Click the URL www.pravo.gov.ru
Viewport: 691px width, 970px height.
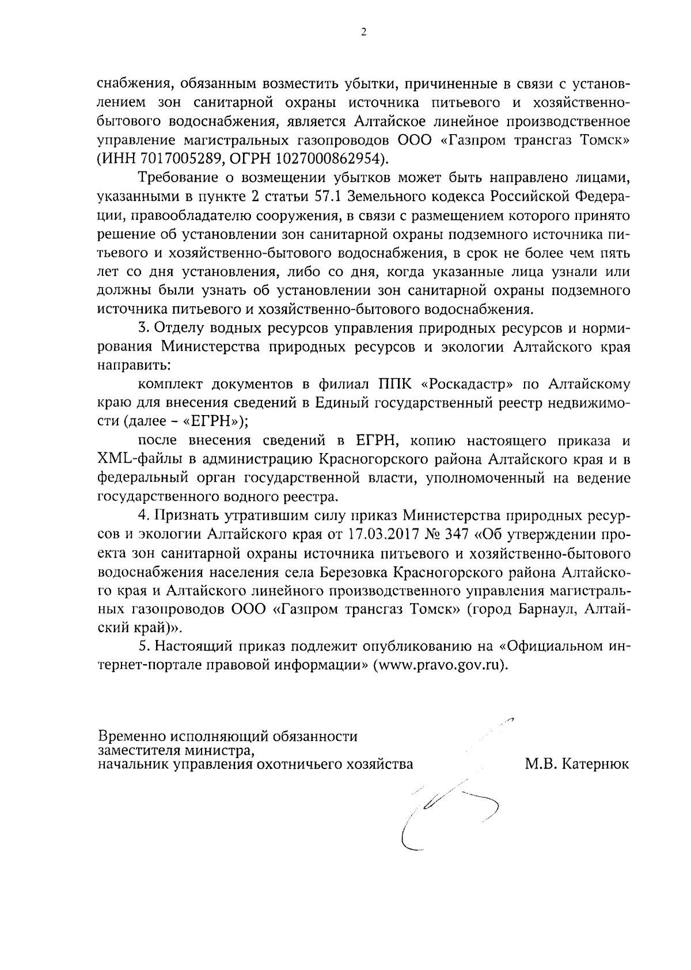point(441,665)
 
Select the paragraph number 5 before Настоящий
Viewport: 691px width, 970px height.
point(142,646)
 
